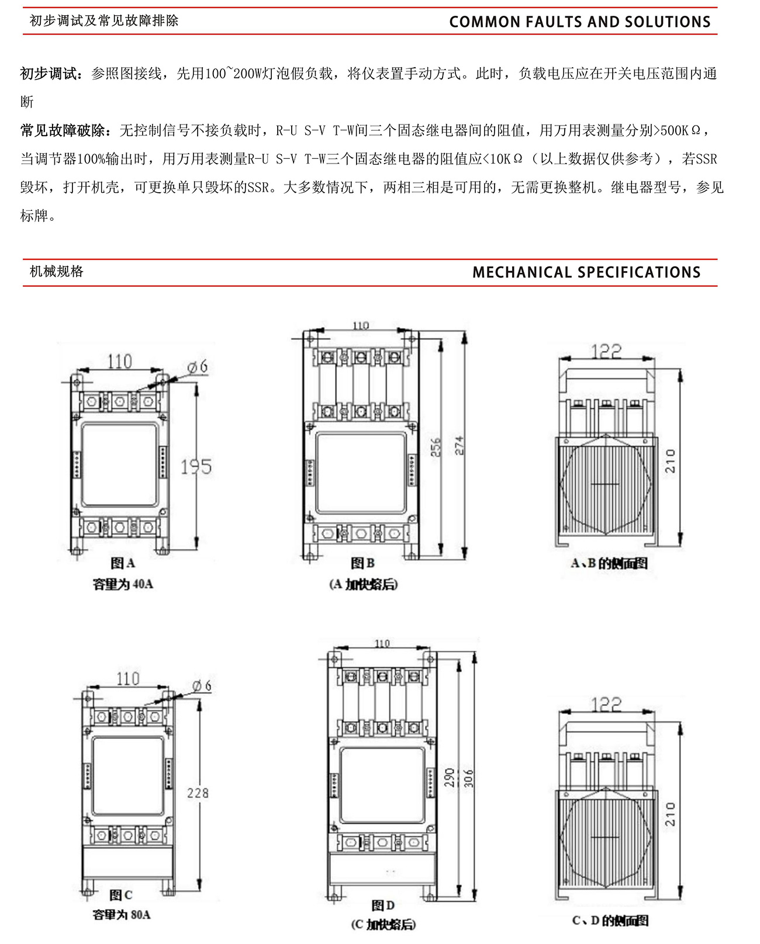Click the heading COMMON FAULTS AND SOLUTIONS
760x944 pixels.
tap(579, 22)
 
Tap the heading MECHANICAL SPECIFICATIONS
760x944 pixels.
tap(586, 272)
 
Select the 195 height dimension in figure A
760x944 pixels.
tap(196, 467)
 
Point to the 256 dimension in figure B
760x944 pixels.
tap(436, 447)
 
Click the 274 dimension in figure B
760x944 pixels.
tap(460, 446)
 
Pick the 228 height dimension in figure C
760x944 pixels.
tap(198, 793)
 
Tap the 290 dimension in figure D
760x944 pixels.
tap(450, 778)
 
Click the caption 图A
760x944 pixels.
tap(123, 563)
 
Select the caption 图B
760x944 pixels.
tap(362, 563)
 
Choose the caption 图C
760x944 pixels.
tap(121, 895)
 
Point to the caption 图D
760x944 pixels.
tap(383, 905)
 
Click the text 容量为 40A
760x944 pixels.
tap(123, 584)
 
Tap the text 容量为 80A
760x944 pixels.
tap(121, 915)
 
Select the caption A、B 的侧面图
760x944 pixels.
tap(609, 564)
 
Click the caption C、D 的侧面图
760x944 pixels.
tap(610, 921)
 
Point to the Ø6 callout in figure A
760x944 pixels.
tap(198, 367)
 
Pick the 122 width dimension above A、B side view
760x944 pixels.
tap(606, 351)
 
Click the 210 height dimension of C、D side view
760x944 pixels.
tap(670, 814)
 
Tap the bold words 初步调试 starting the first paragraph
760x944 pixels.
tap(49, 74)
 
